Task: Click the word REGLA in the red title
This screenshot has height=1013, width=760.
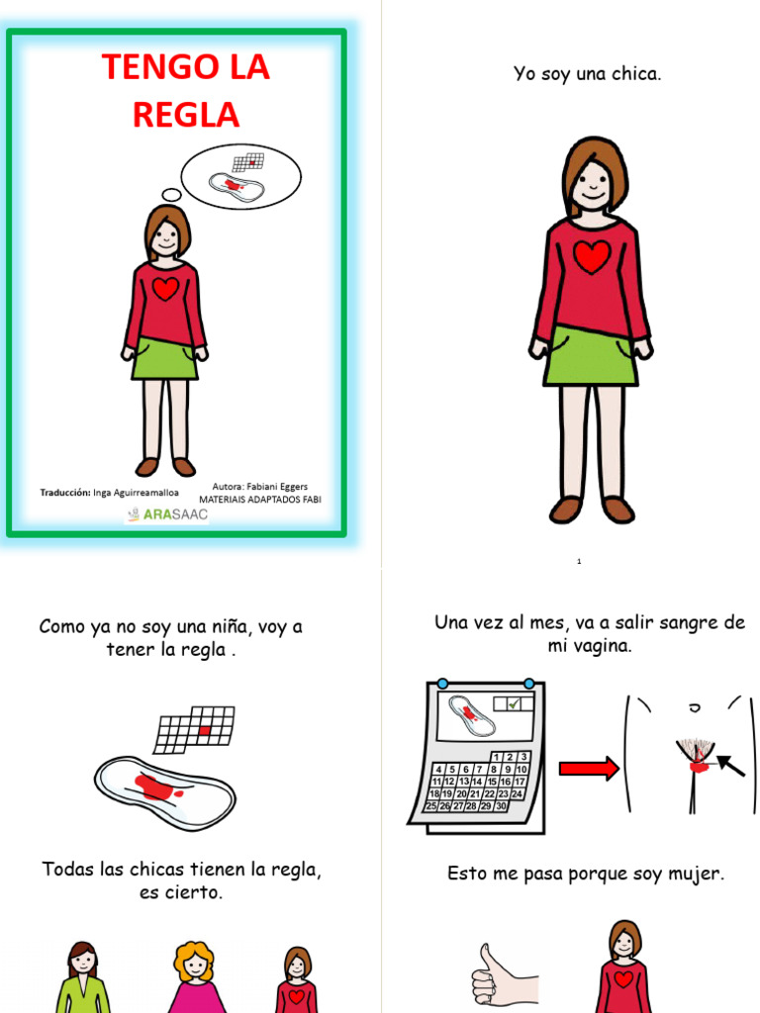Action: [186, 115]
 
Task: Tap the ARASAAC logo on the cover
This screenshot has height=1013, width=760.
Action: [167, 514]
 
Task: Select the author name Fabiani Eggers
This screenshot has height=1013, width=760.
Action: [277, 487]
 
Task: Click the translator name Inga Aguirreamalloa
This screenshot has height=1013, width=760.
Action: [136, 493]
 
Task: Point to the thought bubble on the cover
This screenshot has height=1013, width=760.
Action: [240, 176]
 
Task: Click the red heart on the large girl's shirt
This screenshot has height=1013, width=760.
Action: [592, 256]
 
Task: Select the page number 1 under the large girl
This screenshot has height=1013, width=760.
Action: [579, 562]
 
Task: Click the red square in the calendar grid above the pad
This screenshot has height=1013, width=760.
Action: [204, 731]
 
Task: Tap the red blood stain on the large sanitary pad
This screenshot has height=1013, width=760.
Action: [157, 786]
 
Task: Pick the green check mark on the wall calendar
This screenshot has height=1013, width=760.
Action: [514, 703]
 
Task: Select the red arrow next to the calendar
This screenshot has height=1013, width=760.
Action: [589, 768]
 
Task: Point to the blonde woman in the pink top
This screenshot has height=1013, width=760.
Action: [195, 976]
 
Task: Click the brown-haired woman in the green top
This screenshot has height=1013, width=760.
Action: [83, 976]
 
